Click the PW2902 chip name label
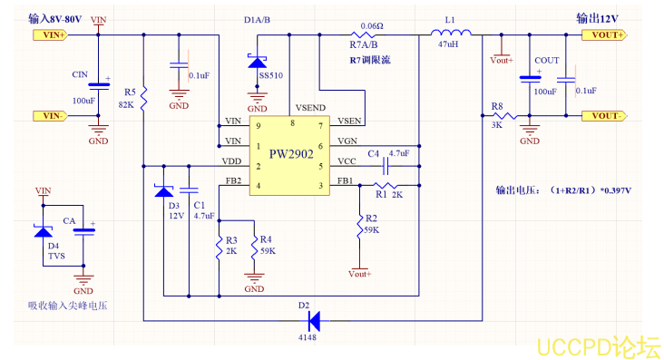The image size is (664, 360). (290, 154)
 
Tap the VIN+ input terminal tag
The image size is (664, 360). (52, 35)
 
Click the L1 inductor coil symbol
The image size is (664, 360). (447, 34)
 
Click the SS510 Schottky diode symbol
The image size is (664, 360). (257, 62)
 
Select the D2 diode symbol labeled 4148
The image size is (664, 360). (313, 319)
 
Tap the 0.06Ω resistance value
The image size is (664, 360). (371, 26)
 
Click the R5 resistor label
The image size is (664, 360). (130, 92)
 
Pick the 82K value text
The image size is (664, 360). (127, 104)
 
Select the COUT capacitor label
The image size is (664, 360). (547, 60)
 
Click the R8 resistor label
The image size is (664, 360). (496, 107)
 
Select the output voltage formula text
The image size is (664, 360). (562, 191)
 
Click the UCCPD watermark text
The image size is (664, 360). (596, 345)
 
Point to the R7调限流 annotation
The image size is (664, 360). (373, 59)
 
